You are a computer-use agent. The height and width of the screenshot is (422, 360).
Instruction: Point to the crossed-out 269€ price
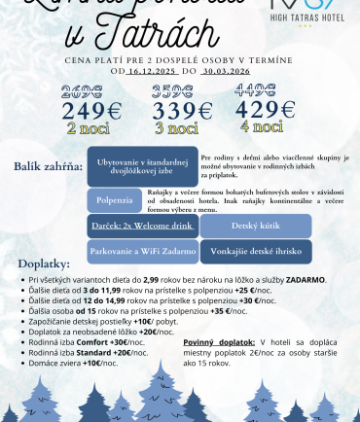pyautogui.click(x=83, y=92)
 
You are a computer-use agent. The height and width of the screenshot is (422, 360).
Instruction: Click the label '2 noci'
pyautogui.click(x=86, y=126)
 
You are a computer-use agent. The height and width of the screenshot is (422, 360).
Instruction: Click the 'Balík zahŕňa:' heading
pyautogui.click(x=48, y=166)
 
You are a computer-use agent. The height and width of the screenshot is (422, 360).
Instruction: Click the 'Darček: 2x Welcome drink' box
pyautogui.click(x=143, y=226)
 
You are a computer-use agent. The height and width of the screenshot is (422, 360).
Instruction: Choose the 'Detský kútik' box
pyautogui.click(x=256, y=226)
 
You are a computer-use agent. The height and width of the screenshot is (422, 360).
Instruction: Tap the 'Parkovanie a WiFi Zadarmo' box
pyautogui.click(x=143, y=251)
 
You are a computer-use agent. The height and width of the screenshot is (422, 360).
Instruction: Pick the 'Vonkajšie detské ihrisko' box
pyautogui.click(x=256, y=251)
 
